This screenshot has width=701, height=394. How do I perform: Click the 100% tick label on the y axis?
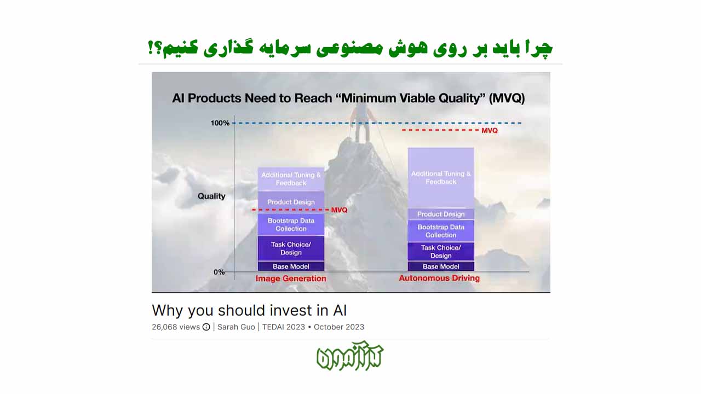(x=220, y=123)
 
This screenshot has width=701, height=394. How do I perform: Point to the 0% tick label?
(x=219, y=272)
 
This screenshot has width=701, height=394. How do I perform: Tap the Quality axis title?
(x=211, y=196)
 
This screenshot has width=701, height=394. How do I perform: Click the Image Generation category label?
(x=291, y=279)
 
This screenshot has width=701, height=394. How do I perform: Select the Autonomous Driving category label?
(x=439, y=278)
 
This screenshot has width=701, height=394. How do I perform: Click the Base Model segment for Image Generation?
(x=291, y=266)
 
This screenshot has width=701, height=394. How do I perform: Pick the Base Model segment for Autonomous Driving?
(x=441, y=266)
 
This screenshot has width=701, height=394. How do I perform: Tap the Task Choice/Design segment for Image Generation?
(x=291, y=248)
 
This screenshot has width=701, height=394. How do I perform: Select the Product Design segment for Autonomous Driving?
(x=441, y=214)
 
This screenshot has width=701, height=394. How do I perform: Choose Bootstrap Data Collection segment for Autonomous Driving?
(x=441, y=231)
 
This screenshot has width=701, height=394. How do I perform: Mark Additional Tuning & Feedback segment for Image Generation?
(x=291, y=179)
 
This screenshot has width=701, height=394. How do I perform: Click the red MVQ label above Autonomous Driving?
(x=490, y=131)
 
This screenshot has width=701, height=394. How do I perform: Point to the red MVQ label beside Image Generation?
(x=340, y=210)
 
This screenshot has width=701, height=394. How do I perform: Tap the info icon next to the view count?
(x=206, y=327)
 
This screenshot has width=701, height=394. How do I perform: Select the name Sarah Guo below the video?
(x=237, y=327)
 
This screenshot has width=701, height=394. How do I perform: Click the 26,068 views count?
(x=175, y=327)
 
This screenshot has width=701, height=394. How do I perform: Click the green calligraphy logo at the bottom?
(x=350, y=357)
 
